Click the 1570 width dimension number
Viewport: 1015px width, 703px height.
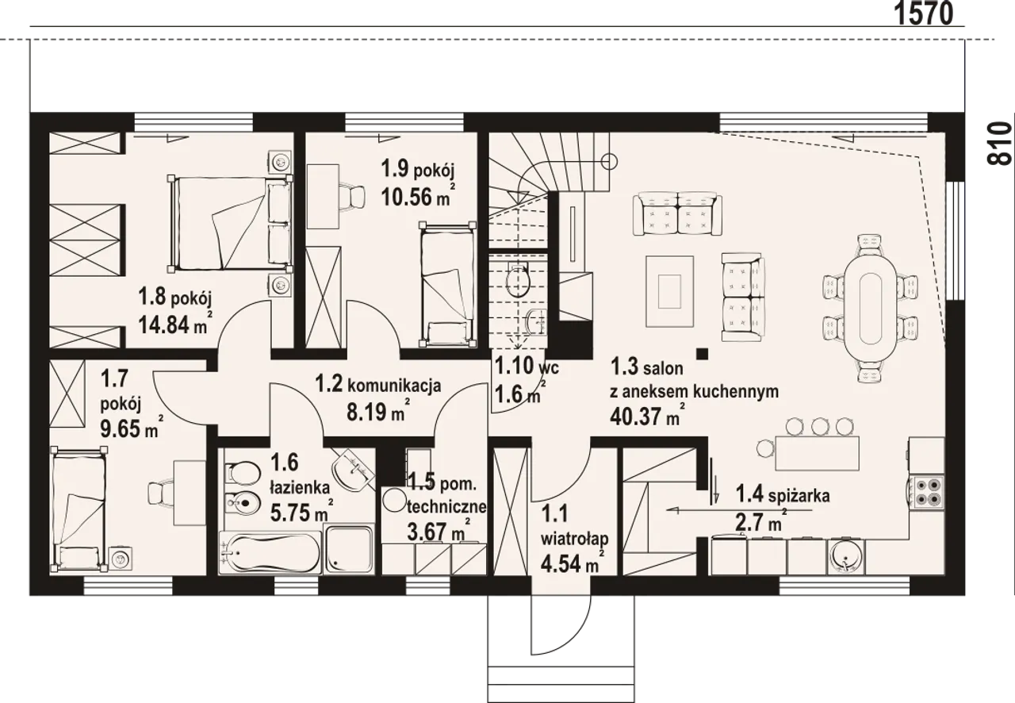coord(924,15)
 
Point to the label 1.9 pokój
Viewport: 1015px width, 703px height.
coord(417,170)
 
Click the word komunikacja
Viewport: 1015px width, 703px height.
coord(394,386)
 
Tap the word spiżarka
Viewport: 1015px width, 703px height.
coord(799,496)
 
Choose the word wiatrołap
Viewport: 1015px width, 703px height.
coord(575,539)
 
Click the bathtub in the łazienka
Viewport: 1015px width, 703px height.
coord(270,553)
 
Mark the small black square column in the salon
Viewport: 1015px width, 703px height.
coord(702,354)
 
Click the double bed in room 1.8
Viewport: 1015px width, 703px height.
coord(230,224)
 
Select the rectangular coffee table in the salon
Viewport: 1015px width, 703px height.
coord(670,291)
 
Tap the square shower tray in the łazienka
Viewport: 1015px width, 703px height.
coord(350,549)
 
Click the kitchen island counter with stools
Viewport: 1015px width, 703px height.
coord(818,453)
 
